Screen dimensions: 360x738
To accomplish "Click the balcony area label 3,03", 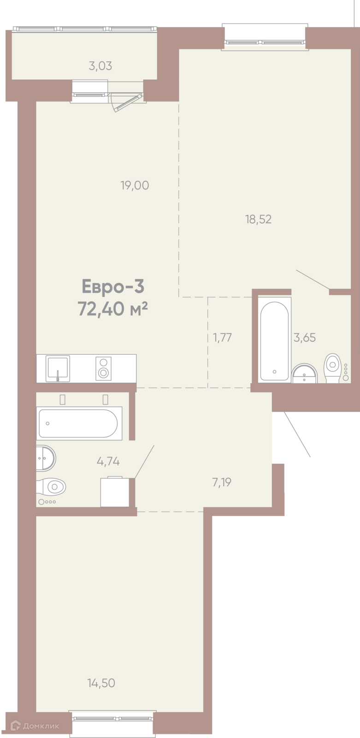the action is point(100,66).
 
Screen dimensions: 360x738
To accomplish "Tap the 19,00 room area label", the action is point(135,185).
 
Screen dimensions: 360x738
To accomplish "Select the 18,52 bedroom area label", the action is point(259,219).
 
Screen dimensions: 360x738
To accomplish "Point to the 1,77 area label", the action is point(223,338).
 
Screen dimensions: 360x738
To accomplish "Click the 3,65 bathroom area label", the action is point(305,338).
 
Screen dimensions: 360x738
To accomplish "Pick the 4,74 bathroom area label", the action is point(108,461).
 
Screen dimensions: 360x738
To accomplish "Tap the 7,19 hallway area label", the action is point(222,482).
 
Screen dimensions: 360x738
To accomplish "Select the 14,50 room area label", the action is point(101,683).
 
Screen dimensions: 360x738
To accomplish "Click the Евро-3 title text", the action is point(113,286).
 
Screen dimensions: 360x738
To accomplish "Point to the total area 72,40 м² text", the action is point(112,309).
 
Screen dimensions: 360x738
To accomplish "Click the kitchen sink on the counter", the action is point(58,369).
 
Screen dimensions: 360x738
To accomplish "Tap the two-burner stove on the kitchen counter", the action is point(103,368).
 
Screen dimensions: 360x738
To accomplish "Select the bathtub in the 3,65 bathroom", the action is point(275,340).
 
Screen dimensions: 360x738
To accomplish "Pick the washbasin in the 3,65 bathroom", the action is point(304,374).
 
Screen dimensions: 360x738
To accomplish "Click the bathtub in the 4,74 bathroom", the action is point(79,423).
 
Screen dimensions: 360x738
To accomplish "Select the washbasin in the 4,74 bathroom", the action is point(46,458).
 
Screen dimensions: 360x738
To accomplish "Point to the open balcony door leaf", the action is point(128,103).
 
